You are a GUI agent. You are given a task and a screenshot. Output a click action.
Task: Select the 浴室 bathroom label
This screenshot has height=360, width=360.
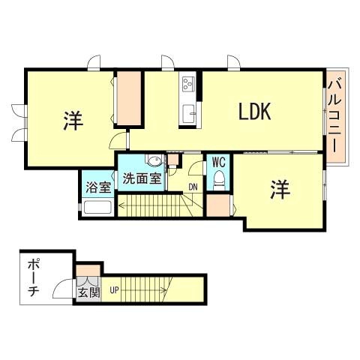(96, 184)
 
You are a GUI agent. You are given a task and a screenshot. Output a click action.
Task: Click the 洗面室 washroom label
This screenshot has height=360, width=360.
(141, 178)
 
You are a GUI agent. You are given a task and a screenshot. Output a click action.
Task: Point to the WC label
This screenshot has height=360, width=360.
(218, 161)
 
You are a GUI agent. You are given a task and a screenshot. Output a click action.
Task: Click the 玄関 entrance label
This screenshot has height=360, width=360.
(87, 291)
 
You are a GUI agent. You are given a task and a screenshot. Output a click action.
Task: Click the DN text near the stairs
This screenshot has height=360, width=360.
(193, 187)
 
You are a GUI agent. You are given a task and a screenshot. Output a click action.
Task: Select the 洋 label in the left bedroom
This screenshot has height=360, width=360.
(72, 118)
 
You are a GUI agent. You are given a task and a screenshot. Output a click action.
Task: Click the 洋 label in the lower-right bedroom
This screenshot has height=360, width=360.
(280, 190)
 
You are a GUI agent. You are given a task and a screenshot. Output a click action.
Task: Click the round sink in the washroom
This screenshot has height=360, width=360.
(154, 160)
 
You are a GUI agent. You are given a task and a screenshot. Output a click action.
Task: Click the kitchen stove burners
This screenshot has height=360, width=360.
(187, 83)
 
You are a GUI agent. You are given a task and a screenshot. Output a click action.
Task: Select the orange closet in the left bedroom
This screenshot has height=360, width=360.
(128, 98)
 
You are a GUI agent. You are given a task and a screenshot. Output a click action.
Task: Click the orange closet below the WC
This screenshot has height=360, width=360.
(217, 204)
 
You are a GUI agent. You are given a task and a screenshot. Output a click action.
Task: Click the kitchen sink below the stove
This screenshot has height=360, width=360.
(187, 113)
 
